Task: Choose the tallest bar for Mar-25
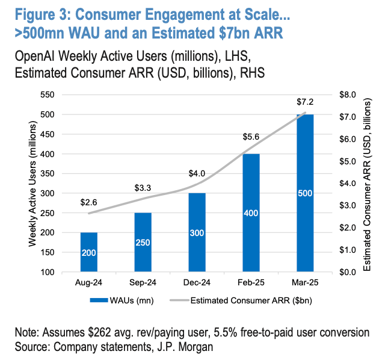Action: pos(305,193)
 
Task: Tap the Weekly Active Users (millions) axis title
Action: pos(34,184)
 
